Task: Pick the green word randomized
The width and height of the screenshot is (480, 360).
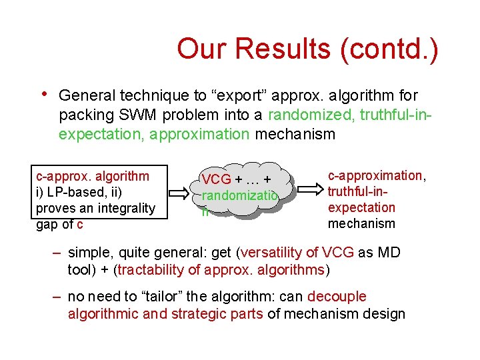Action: (311, 115)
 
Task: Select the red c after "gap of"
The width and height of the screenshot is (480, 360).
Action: (80, 224)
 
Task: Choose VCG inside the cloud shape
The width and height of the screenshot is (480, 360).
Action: (217, 179)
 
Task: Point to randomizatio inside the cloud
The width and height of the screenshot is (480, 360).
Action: (239, 196)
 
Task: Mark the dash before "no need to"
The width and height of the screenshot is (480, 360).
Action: (57, 297)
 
